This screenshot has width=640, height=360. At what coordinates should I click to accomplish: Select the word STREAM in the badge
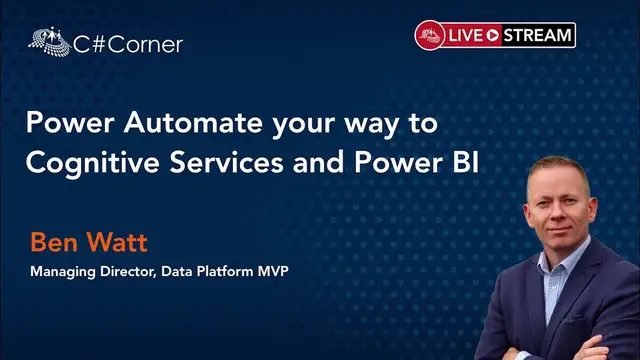(x=539, y=35)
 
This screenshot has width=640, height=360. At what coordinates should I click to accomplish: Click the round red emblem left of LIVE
(x=430, y=35)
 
